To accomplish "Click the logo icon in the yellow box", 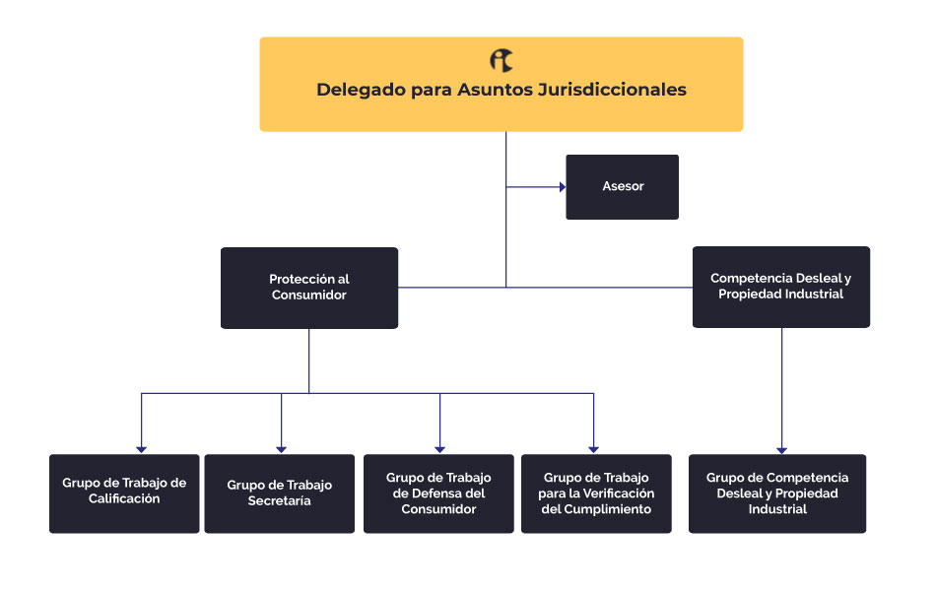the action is coord(501,60).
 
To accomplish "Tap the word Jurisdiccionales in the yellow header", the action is coord(612,90).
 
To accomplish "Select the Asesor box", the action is coord(622,187).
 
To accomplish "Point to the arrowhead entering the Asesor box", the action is coord(563,187).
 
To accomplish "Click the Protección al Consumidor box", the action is coord(309,288).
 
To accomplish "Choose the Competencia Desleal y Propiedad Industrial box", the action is coord(780,287).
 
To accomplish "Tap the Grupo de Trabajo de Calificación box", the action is coord(124,493).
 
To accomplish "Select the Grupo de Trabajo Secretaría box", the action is coord(280,493).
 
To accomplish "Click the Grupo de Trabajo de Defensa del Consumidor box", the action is coord(438,493).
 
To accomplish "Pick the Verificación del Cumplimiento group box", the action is coord(596,493).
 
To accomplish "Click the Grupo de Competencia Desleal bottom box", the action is coord(777,493).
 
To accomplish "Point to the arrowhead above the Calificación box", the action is coord(142,450).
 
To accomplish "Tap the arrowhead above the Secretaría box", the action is coord(281,450).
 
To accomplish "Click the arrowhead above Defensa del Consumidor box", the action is coord(440,450).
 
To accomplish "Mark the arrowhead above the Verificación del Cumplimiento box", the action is coord(593,450).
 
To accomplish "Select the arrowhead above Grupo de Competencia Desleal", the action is coord(782,450).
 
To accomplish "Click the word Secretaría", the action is coord(280,501).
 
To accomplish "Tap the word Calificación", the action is coord(124,498).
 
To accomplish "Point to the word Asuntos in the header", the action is coord(495,90).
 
